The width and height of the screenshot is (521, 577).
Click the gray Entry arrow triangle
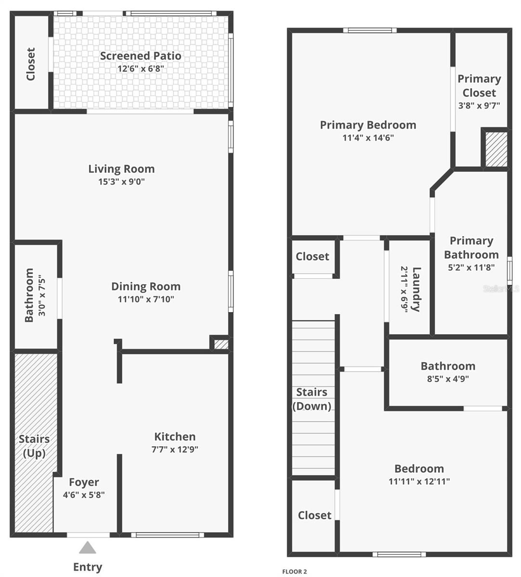coord(88,548)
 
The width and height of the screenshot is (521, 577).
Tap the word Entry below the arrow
coord(88,567)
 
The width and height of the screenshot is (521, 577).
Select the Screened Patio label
coord(141,56)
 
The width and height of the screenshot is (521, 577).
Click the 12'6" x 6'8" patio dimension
coord(141,68)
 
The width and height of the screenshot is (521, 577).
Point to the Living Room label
coord(121,169)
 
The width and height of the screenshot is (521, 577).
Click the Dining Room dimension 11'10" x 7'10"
coord(146,299)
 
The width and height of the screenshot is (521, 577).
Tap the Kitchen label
coord(175,437)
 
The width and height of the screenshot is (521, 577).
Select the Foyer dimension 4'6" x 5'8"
coord(84,494)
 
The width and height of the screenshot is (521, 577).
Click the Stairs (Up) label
coord(34,446)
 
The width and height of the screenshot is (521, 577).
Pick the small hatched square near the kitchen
coord(221,344)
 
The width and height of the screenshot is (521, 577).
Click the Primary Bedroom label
coord(368,125)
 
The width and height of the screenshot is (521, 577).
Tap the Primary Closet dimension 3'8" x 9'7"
coord(479,105)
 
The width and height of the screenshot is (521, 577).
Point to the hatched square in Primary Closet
coord(495,149)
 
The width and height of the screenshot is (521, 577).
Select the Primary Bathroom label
coord(471,248)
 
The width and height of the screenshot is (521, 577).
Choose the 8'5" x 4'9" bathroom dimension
coord(448,378)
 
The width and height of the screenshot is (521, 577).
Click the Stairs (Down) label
coord(312,399)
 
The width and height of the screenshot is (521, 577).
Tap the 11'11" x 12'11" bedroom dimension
coord(419,481)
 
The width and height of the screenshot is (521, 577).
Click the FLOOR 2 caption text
coord(294,572)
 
